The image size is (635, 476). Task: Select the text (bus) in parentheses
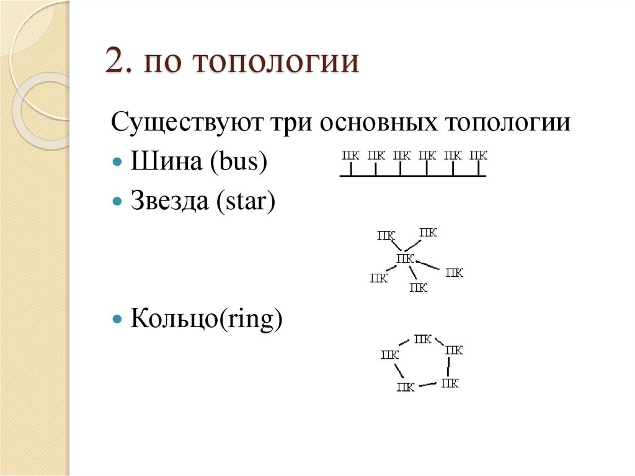238,162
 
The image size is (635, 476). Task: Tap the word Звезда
170,202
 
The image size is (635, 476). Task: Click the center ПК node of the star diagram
405,258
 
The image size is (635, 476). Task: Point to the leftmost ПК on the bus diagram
350,155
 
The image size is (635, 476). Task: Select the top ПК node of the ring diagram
422,339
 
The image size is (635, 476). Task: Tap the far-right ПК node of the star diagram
455,272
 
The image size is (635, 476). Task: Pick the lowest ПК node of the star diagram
419,287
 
